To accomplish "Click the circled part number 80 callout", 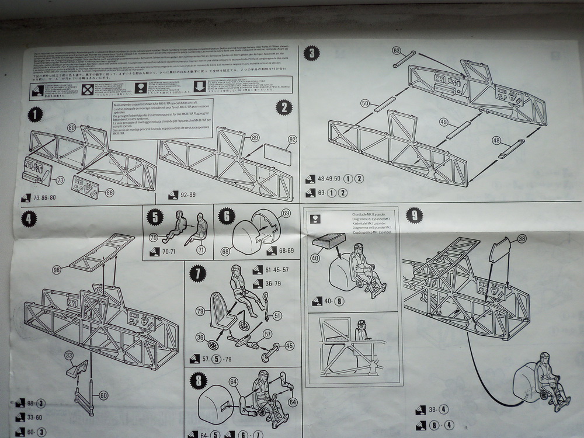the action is pos(71,127).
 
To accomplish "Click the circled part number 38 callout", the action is pos(522,239).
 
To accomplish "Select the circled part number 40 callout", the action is pos(315,257).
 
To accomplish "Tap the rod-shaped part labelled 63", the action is pos(404,59).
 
